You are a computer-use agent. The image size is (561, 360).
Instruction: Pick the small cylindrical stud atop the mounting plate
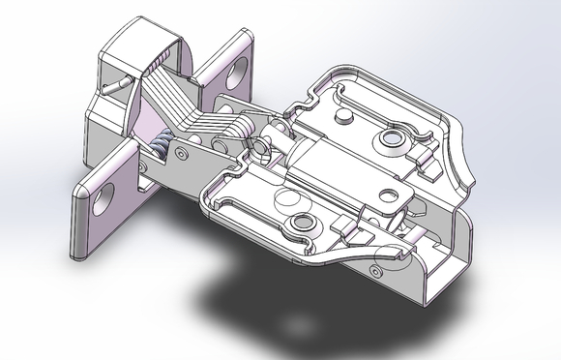[x=341, y=116]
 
